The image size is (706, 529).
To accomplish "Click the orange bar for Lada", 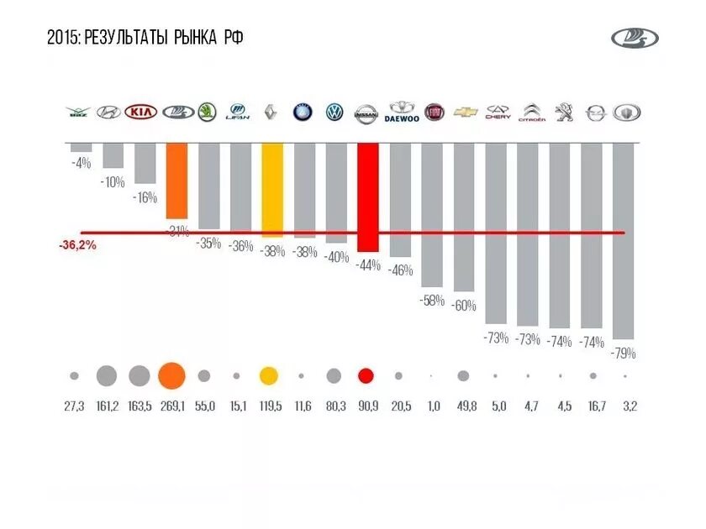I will (176, 181).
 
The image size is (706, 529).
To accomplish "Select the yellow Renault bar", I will (272, 190).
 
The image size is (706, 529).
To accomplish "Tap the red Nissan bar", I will (367, 197).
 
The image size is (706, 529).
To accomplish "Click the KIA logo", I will (141, 113).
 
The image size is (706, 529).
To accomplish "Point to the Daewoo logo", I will (402, 113).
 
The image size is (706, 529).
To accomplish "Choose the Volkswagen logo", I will (335, 113).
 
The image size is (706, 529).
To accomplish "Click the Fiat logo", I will (434, 113).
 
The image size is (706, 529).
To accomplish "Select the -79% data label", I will (624, 354).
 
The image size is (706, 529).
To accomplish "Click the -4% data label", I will (81, 163).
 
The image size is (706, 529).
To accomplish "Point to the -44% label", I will (367, 265).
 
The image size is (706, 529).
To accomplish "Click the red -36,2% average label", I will (77, 246).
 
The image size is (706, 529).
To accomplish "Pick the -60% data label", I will (463, 306).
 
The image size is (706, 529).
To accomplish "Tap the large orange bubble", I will (171, 376).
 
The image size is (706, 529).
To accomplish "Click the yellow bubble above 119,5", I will (269, 376).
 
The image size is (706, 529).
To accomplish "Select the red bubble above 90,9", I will (366, 376).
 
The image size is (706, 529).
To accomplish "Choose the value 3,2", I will (629, 406).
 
